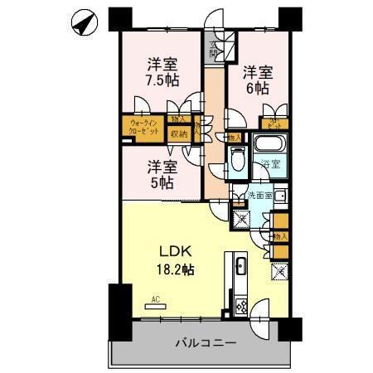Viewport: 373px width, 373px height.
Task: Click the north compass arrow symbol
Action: tap(83, 25)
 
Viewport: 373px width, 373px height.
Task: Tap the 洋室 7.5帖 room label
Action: tap(162, 72)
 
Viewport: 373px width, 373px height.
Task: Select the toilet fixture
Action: tap(237, 157)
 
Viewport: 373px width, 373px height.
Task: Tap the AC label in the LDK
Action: tap(156, 299)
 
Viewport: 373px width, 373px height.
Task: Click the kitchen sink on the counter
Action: tap(239, 268)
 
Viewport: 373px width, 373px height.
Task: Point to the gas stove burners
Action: tap(239, 305)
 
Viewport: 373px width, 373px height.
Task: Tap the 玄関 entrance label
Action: tap(215, 50)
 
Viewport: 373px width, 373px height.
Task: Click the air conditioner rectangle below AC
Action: tap(156, 308)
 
